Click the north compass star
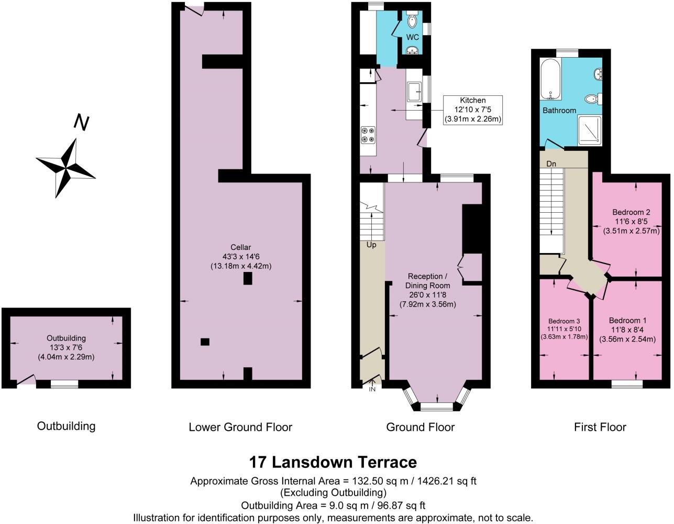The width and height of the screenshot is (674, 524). [x=66, y=168]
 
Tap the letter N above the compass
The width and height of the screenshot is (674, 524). [x=81, y=122]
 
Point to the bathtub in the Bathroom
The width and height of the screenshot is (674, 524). [x=550, y=79]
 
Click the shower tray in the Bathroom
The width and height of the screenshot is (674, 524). [x=589, y=130]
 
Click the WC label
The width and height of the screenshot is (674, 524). [x=413, y=37]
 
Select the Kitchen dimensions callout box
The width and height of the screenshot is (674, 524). [x=473, y=110]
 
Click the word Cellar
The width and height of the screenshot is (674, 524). [x=241, y=247]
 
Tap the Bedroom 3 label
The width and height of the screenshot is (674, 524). [x=564, y=321]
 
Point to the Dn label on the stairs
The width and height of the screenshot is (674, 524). [x=551, y=163]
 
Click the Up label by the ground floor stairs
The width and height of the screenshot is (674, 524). [x=371, y=245]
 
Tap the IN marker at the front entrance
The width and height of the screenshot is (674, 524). [x=372, y=389]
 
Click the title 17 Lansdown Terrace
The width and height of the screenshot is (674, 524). [x=333, y=462]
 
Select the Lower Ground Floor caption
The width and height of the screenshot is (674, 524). [x=240, y=427]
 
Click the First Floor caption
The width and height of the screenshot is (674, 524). [x=600, y=427]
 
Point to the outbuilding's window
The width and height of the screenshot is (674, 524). [x=64, y=384]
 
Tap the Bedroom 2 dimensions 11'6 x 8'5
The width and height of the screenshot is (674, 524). [x=631, y=222]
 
